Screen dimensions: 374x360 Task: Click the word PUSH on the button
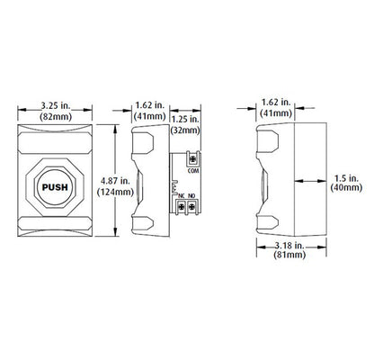coord(55,187)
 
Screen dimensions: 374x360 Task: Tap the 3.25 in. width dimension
coord(56,106)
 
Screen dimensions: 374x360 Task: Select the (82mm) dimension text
coord(56,116)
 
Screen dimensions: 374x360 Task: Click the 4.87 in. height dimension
coord(115,181)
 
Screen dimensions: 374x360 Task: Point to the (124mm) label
coord(115,192)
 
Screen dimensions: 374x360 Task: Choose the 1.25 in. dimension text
coord(185,119)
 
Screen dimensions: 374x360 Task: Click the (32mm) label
coord(185,130)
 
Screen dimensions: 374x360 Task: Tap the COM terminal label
coord(193,171)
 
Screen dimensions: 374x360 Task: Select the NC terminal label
coord(182,196)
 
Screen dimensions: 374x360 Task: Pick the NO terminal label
coord(191,196)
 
